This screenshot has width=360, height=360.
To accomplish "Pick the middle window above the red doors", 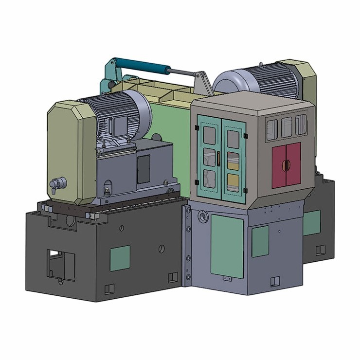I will [x=287, y=126].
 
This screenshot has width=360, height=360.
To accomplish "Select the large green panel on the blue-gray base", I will [x=227, y=246].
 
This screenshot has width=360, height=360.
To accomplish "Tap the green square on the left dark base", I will [x=120, y=258].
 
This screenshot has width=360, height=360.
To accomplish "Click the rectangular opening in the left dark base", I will [x=61, y=265].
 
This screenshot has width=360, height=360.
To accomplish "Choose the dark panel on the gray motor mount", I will [x=144, y=169].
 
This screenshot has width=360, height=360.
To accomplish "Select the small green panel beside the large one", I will [x=260, y=241].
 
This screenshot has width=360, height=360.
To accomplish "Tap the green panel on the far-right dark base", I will [x=311, y=223].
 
